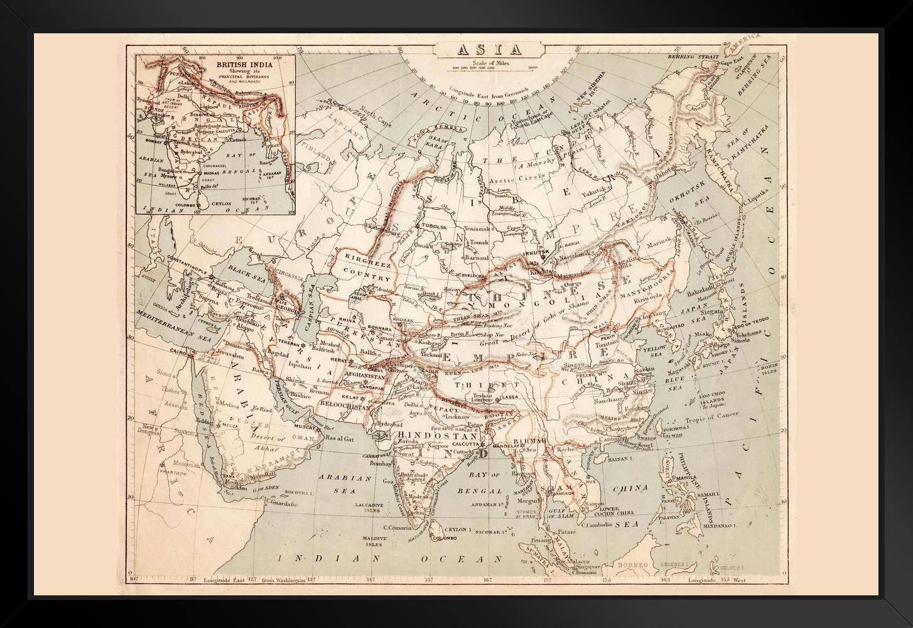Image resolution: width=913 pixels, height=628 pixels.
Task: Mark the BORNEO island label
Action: [632, 565]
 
